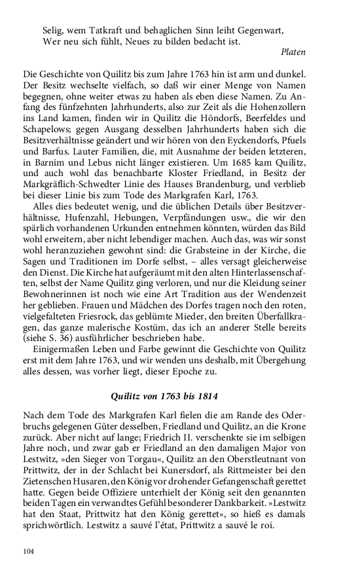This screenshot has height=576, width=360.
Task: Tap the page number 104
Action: tap(27, 551)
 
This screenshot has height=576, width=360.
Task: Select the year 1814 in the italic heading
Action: tap(206, 396)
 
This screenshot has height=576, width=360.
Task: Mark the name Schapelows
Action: tap(47, 130)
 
